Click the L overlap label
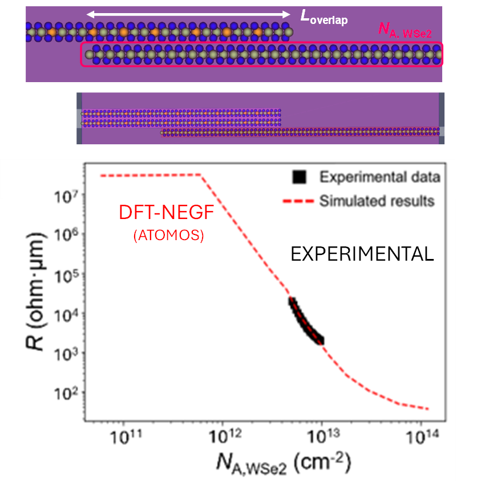(x=324, y=17)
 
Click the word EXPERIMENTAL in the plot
(x=362, y=254)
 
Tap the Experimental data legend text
(x=380, y=177)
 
